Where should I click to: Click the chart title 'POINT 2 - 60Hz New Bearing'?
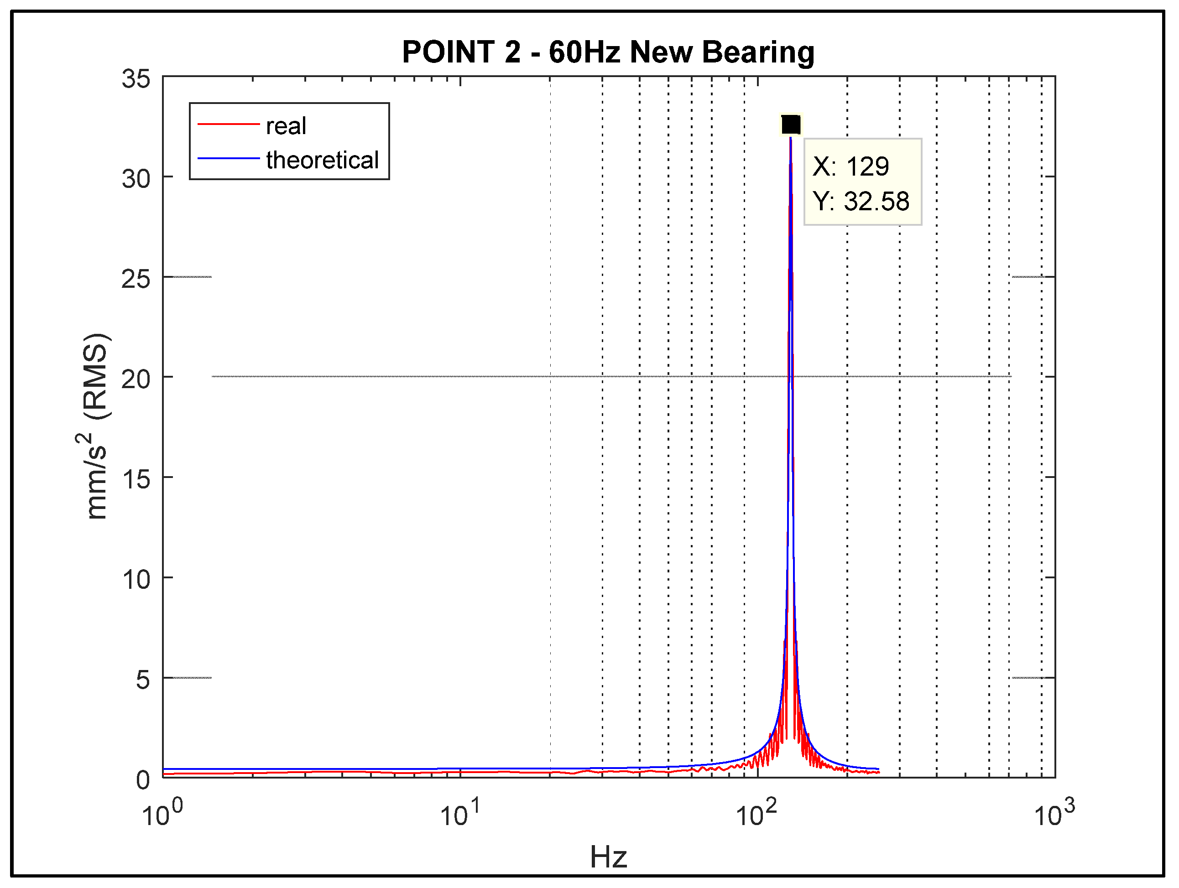point(608,52)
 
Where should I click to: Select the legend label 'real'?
point(286,126)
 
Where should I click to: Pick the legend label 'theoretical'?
point(322,160)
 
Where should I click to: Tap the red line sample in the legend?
point(228,124)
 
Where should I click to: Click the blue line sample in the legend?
point(228,158)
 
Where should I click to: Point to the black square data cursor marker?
point(790,125)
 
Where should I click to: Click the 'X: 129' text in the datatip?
point(850,166)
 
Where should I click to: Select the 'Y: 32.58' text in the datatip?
point(861,201)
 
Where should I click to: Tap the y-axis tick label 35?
point(136,79)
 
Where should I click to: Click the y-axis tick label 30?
point(136,179)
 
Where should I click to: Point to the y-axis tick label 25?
point(136,279)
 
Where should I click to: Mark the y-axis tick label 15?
point(136,479)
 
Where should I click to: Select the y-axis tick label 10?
point(136,580)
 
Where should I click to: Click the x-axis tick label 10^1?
point(459,813)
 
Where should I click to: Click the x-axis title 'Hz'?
point(608,857)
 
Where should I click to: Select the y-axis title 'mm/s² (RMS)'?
point(96,426)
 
